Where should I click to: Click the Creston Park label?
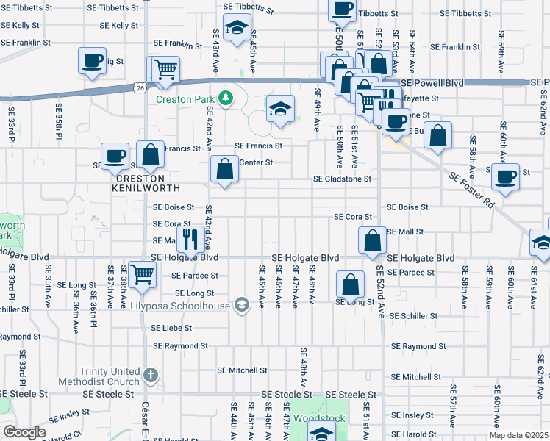pos(186,98)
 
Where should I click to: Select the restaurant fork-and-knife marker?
pos(190,237)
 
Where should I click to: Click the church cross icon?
pos(151,376)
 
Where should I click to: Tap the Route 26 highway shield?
pos(140,88)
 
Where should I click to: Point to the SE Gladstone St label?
pos(342,179)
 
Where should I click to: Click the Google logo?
pos(24,432)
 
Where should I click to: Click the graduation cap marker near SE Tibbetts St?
pos(237,28)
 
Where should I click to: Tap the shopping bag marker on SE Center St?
pos(225,169)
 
